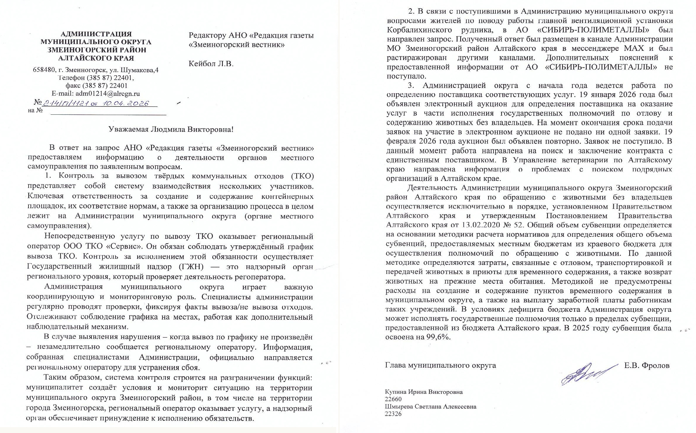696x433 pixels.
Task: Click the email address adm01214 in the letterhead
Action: pyautogui.click(x=108, y=94)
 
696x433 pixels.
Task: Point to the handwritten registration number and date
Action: pyautogui.click(x=96, y=103)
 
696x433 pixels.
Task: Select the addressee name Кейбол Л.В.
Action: pyautogui.click(x=211, y=64)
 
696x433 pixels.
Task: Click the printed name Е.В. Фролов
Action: pyautogui.click(x=647, y=366)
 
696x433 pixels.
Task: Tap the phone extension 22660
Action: pyautogui.click(x=393, y=399)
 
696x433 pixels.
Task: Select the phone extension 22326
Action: pyautogui.click(x=393, y=414)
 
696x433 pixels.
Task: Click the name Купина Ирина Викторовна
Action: pyautogui.click(x=424, y=392)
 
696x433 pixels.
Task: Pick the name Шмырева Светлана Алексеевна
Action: pyautogui.click(x=430, y=407)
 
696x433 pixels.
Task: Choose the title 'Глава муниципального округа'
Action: pyautogui.click(x=440, y=366)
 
